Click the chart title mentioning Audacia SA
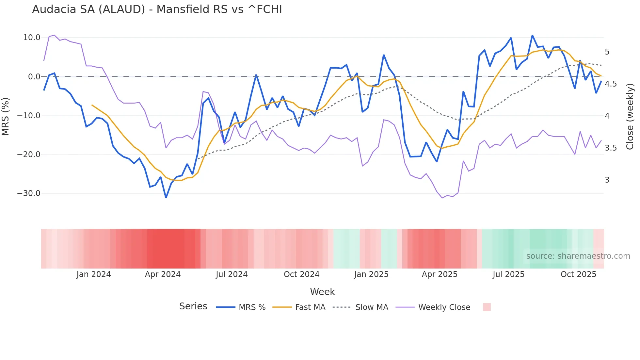point(157,9)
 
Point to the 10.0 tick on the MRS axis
point(31,38)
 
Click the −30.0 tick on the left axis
point(29,193)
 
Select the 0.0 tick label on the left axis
point(34,77)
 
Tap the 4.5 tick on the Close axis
point(611,84)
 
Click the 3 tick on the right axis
point(607,180)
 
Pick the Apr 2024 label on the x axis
point(163,274)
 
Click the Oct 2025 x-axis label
point(578,274)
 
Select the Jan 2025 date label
point(371,274)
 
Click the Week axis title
point(322,292)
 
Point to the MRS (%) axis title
point(6,116)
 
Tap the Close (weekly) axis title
point(630,116)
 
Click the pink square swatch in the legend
point(487,307)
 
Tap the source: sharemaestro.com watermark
point(578,256)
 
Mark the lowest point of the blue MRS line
point(166,197)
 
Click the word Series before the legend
point(193,306)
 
